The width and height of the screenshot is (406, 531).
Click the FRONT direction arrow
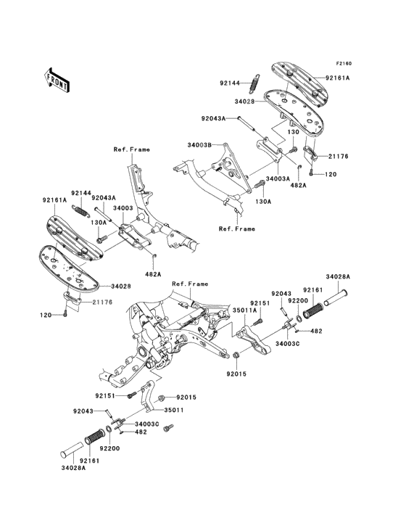pyautogui.click(x=56, y=81)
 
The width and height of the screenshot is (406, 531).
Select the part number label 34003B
pyautogui.click(x=199, y=145)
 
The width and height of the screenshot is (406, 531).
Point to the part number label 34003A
pyautogui.click(x=278, y=178)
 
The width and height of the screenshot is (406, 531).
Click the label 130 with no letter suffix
pyautogui.click(x=294, y=131)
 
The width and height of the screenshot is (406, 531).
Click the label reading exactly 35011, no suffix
pyautogui.click(x=174, y=410)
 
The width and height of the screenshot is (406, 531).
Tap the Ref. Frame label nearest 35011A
pyautogui.click(x=190, y=284)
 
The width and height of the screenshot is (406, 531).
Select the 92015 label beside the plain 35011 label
pyautogui.click(x=186, y=397)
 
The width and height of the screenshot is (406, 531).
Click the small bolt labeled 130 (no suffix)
pyautogui.click(x=293, y=148)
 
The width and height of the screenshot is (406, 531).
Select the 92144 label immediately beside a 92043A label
pyautogui.click(x=81, y=193)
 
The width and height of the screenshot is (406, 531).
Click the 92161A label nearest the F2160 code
pyautogui.click(x=337, y=78)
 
